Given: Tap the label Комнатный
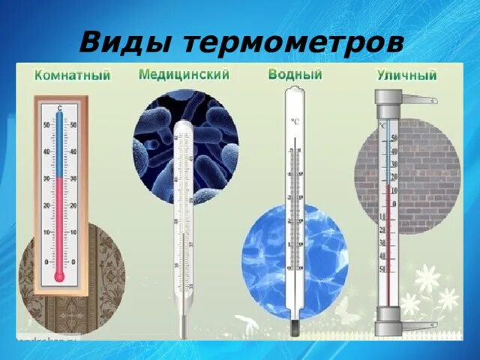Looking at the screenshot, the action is point(73,76).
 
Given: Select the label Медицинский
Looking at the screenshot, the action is point(184,75).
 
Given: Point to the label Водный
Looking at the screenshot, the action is point(295,75).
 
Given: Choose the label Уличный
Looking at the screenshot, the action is point(406,75).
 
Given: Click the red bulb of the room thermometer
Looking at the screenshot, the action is point(59,276).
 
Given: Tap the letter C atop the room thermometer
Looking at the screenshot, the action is point(60,109).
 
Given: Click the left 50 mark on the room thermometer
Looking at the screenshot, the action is point(46,124).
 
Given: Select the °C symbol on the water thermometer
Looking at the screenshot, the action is point(294,121).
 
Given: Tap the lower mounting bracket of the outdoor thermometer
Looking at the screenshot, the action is point(421,325).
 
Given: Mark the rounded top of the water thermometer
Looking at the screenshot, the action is point(294,92).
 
